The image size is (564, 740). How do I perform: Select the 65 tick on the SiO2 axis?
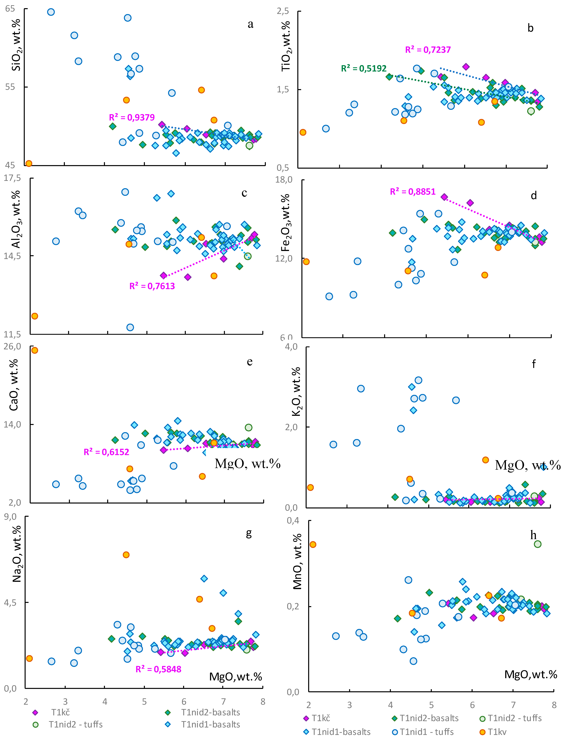tap(10, 8)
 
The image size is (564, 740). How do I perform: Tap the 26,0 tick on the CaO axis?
tap(12, 346)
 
